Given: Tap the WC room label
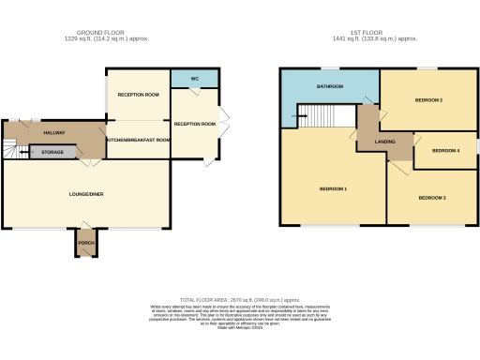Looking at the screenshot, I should click(x=194, y=78).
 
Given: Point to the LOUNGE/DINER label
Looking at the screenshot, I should click(x=87, y=193).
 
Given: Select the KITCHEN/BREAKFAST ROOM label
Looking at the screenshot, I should click(x=138, y=140).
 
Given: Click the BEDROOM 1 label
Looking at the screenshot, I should click(x=333, y=189).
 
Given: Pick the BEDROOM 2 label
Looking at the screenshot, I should click(x=428, y=99).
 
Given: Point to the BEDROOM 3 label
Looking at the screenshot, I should click(x=431, y=198).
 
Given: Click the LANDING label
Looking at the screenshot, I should click(x=384, y=142).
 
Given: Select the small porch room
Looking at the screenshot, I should click(x=86, y=242).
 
